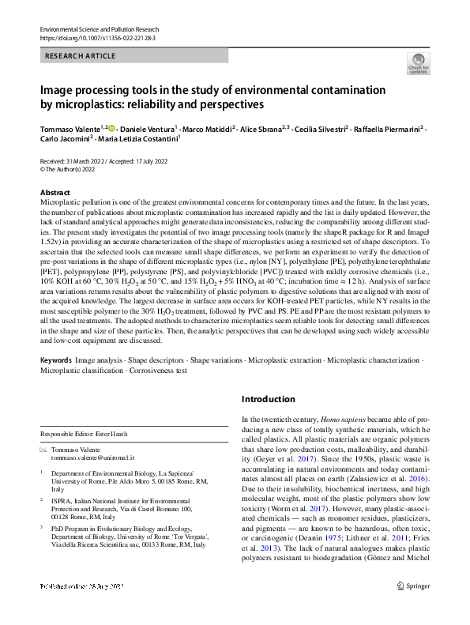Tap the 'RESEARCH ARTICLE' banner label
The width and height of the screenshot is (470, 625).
coord(81,56)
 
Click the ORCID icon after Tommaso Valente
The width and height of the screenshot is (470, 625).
coord(111,127)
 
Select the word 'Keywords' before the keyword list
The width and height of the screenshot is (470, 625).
coord(57,360)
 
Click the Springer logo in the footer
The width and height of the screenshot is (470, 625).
coord(412,608)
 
